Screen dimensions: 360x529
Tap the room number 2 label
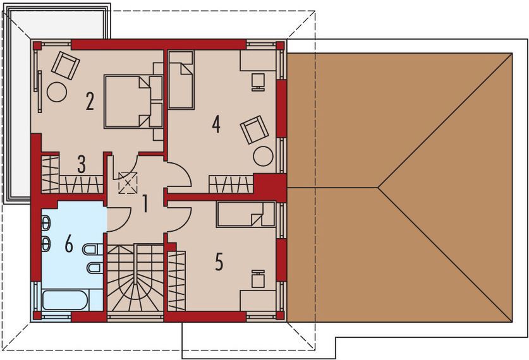[x=90, y=101]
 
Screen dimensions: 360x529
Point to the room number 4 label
[x=216, y=124]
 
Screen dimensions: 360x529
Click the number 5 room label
[x=219, y=261]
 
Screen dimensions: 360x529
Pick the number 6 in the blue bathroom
[x=69, y=244]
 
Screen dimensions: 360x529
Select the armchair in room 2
[x=66, y=64]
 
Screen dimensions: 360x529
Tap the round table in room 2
[x=58, y=92]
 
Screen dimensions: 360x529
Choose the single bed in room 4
[x=181, y=80]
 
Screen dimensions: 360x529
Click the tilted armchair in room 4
[x=254, y=129]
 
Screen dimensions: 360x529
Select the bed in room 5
[x=246, y=215]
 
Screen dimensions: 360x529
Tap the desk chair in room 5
[x=258, y=279]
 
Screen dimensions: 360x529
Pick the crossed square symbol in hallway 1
[x=128, y=184]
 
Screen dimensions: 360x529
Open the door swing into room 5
[x=179, y=219]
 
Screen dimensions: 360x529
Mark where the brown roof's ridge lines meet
[x=379, y=186]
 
